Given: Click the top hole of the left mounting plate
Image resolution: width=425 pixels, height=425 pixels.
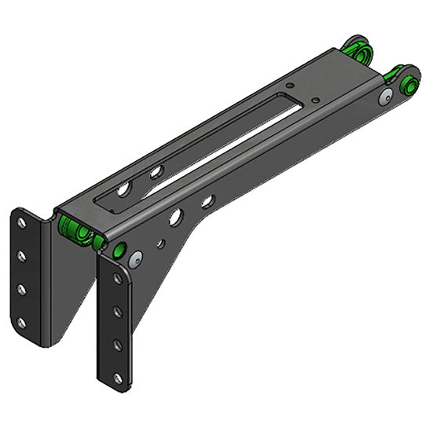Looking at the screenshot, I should click(x=22, y=222).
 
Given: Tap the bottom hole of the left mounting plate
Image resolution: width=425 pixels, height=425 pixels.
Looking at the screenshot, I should click(x=22, y=322).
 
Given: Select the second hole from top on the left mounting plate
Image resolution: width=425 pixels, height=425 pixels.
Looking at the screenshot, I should click(x=22, y=256).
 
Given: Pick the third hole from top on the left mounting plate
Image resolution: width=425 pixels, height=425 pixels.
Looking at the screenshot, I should click(x=22, y=289).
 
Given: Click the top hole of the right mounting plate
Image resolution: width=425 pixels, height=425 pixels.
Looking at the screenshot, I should click(x=118, y=279).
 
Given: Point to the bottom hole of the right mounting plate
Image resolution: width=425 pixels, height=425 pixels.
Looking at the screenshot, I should click(x=118, y=378).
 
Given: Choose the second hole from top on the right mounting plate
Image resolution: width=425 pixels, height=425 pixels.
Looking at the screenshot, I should click(x=118, y=312).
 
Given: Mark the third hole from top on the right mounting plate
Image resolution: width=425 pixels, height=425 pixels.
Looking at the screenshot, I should click(x=118, y=345).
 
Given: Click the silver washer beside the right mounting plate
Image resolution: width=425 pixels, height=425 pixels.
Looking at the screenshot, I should click(x=136, y=258).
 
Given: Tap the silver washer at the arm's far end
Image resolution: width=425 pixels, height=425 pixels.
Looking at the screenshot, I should click(x=385, y=97).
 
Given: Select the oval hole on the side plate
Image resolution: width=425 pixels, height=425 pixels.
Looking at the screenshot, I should click(x=207, y=202).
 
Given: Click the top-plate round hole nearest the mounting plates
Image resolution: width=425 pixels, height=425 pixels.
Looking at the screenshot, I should click(x=124, y=189).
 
